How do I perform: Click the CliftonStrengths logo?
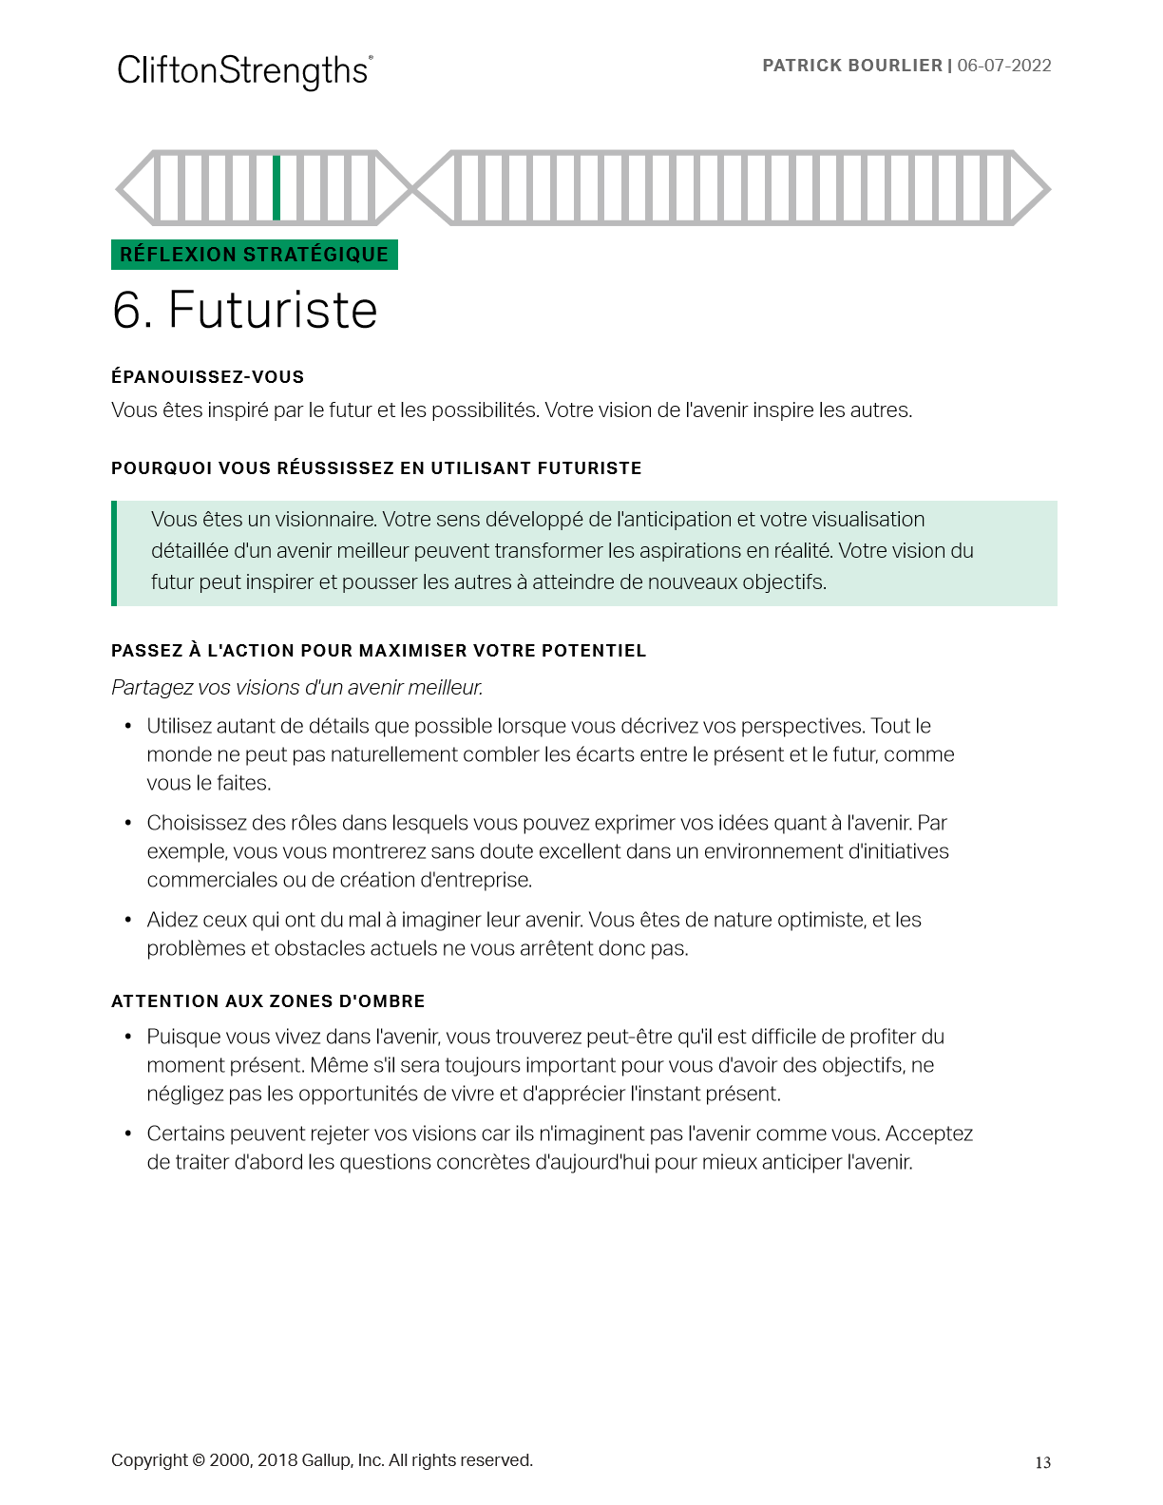point(244,71)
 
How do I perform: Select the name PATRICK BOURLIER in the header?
point(852,66)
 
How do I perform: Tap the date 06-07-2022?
point(1004,66)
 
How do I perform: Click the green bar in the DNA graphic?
point(276,188)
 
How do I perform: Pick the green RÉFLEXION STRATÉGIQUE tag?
point(254,255)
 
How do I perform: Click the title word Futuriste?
point(273,310)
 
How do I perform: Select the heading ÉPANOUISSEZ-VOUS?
point(207,377)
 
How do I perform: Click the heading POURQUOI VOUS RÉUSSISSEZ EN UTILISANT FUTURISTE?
point(376,468)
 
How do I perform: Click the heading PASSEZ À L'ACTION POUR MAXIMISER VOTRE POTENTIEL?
point(378,651)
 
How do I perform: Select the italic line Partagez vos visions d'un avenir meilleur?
point(296,687)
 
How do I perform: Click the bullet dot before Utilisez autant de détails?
point(128,727)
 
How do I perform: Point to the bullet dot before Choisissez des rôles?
point(128,824)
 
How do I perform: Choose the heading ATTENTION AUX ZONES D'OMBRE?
point(268,1001)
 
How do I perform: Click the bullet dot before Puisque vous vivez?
point(128,1038)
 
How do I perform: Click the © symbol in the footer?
point(198,1460)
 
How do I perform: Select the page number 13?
point(1042,1463)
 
